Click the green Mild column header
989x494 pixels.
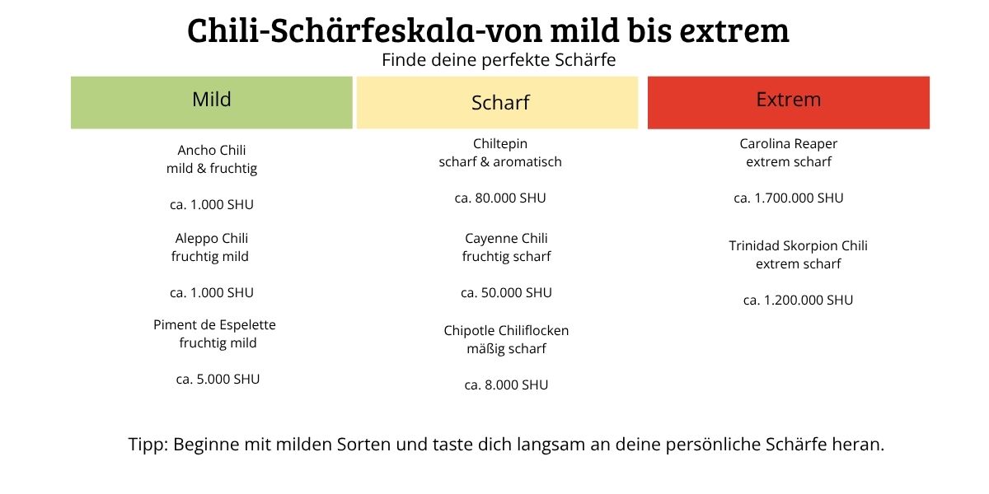pyautogui.click(x=212, y=102)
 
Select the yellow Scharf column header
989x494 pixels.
pyautogui.click(x=498, y=102)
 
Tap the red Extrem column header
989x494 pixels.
pyautogui.click(x=789, y=102)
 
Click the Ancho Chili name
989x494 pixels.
pyautogui.click(x=212, y=151)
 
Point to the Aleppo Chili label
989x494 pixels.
pyautogui.click(x=212, y=239)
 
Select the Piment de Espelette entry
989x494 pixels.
pyautogui.click(x=214, y=325)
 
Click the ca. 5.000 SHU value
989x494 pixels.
pyautogui.click(x=218, y=380)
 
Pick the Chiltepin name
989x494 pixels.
pyautogui.click(x=500, y=144)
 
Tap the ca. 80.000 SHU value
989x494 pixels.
pyautogui.click(x=500, y=198)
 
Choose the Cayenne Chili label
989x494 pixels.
pyautogui.click(x=506, y=239)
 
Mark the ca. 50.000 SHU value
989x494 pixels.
pyautogui.click(x=506, y=293)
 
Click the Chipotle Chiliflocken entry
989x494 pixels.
pyautogui.click(x=506, y=331)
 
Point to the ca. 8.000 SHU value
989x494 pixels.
pyautogui.click(x=506, y=385)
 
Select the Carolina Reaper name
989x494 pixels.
pyautogui.click(x=789, y=144)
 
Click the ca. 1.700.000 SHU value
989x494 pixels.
pyautogui.click(x=789, y=198)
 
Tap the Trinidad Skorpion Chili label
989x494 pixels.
pyautogui.click(x=798, y=246)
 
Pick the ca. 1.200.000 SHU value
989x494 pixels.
pyautogui.click(x=798, y=301)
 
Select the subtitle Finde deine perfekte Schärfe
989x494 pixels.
pyautogui.click(x=499, y=61)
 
